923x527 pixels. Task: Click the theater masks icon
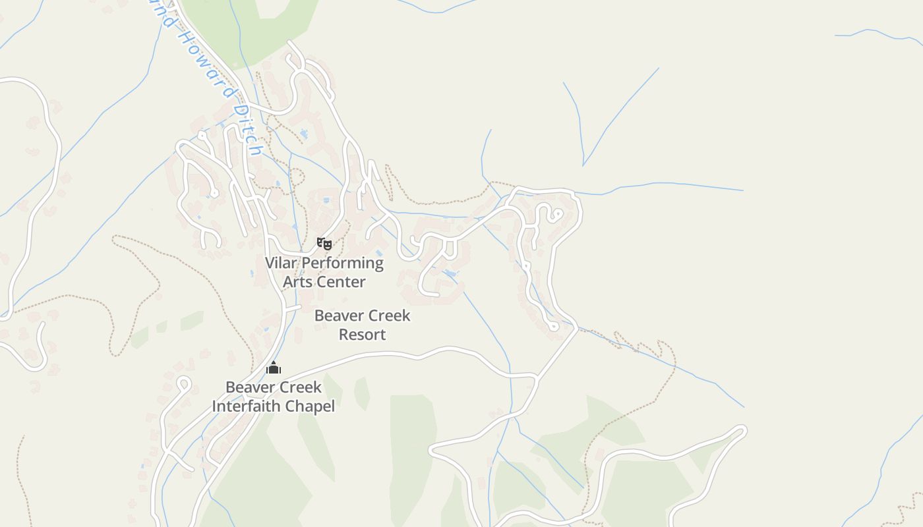pos(324,244)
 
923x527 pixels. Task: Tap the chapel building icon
pos(274,368)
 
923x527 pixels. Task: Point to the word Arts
pos(297,282)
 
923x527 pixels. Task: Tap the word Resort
pos(362,335)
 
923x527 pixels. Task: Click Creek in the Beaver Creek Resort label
pos(388,316)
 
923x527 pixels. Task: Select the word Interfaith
pos(246,406)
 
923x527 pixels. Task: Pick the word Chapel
pos(309,406)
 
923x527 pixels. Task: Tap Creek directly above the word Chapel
pos(299,387)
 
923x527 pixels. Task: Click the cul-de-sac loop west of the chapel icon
pos(184,382)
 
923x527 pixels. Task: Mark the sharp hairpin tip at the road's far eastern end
pos(743,431)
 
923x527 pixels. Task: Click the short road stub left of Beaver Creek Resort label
pos(293,308)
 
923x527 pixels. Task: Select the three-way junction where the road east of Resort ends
pos(537,377)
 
